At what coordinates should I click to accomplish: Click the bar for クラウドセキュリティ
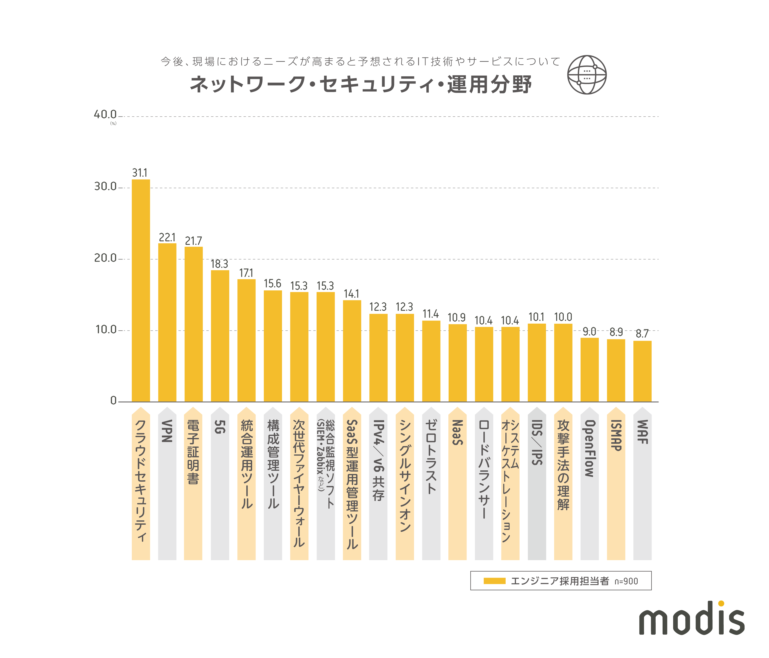click(141, 290)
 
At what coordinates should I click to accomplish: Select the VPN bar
click(167, 322)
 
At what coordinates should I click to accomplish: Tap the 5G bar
click(220, 336)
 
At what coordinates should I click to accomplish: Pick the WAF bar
click(642, 371)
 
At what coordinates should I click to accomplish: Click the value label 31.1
click(140, 173)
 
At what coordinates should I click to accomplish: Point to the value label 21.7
click(193, 241)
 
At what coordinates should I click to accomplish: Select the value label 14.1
click(351, 294)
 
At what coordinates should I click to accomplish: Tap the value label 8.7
click(642, 333)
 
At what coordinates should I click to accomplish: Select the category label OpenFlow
click(590, 448)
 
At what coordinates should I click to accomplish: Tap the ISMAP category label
click(616, 435)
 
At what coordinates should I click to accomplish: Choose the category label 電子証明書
click(193, 452)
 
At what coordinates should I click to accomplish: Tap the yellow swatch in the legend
click(494, 581)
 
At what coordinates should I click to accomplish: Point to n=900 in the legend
click(626, 581)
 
